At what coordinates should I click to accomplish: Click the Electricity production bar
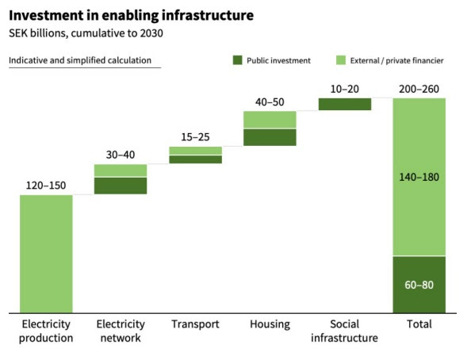(46, 254)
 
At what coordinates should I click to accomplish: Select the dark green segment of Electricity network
(121, 186)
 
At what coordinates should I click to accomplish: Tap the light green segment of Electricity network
(121, 170)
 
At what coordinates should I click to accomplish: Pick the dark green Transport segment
(195, 159)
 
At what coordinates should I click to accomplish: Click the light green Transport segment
(195, 151)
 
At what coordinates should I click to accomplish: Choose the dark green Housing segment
(270, 137)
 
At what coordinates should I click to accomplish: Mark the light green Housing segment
(270, 120)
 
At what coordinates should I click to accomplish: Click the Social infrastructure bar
(345, 104)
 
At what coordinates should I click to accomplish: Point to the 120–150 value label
(46, 186)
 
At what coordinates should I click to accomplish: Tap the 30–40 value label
(121, 155)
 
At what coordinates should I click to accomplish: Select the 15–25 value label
(195, 137)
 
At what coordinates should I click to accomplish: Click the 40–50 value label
(270, 102)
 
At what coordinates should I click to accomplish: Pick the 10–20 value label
(345, 89)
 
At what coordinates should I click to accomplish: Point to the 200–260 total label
(419, 89)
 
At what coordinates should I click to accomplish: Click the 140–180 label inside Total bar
(419, 177)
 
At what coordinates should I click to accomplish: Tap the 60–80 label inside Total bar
(419, 285)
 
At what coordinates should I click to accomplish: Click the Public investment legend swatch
(237, 60)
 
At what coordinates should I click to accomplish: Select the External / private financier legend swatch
(341, 60)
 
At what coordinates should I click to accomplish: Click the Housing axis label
(270, 324)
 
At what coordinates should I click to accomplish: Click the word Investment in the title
(46, 15)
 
